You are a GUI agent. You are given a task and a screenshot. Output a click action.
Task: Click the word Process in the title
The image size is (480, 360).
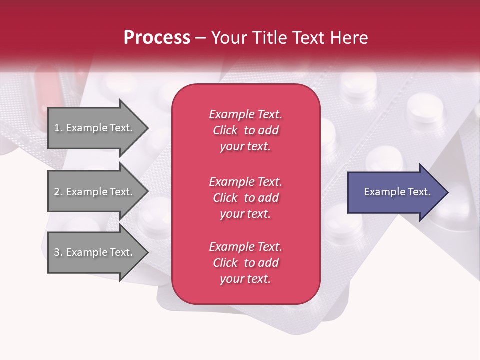coord(157,38)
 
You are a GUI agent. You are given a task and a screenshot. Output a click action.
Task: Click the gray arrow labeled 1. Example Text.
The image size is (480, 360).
coord(95,128)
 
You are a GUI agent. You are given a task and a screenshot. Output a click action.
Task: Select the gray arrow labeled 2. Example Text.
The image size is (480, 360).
coord(95,192)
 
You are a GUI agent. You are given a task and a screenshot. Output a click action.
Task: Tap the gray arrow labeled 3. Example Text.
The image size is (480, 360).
coord(95,252)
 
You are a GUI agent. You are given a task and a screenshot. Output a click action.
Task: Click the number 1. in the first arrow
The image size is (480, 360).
coord(58,128)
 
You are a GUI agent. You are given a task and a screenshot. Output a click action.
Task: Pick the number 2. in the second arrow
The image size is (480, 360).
coord(58,192)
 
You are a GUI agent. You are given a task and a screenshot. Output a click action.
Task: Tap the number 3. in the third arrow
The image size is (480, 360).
coord(58,252)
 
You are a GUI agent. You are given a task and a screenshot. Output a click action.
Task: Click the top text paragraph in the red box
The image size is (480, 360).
coord(245,130)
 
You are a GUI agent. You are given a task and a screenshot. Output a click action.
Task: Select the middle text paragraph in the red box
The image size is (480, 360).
coord(245,198)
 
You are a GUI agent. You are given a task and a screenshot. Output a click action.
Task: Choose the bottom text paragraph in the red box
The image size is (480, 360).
coord(245,263)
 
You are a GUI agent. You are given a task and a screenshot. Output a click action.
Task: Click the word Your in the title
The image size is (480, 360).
coord(230,38)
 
